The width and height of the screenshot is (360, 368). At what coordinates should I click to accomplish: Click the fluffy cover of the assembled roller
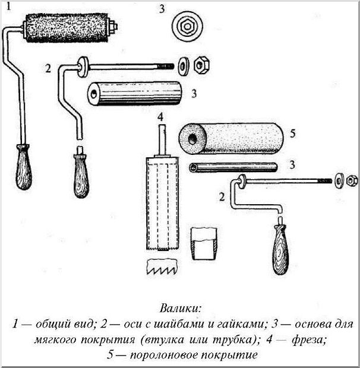tap(67, 28)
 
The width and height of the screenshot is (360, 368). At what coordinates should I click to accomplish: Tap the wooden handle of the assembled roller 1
tap(23, 167)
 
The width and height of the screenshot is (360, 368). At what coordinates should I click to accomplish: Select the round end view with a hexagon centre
tap(187, 26)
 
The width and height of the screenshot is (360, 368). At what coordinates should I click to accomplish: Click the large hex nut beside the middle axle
tap(202, 64)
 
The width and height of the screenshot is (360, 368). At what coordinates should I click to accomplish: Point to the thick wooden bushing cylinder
tap(135, 93)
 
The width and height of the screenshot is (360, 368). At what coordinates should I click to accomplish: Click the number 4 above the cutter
tap(160, 117)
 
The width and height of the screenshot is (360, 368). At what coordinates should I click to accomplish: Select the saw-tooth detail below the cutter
tap(162, 267)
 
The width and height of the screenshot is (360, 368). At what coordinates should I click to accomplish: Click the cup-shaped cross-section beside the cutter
tap(204, 244)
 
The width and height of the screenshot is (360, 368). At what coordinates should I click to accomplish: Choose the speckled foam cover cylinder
tap(231, 138)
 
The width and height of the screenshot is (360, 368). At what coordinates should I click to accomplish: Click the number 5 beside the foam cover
tap(292, 134)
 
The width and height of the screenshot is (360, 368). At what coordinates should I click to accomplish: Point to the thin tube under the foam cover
tap(233, 167)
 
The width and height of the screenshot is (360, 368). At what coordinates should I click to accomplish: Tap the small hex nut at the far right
tap(352, 181)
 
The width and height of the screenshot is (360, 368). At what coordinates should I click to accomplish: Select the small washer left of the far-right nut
tap(339, 181)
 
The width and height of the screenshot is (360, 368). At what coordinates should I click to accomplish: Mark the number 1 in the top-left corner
tap(9, 7)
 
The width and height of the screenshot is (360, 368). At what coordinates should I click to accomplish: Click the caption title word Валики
tap(181, 308)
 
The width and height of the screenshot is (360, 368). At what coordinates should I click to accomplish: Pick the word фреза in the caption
tap(309, 340)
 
